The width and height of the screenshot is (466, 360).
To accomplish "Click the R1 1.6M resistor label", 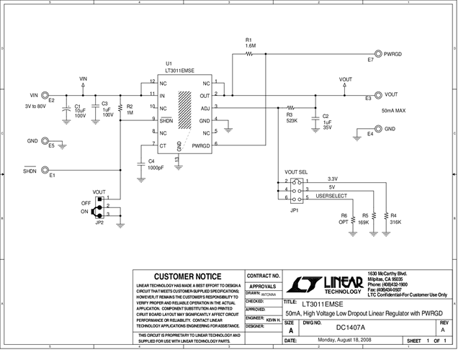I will coord(249,42).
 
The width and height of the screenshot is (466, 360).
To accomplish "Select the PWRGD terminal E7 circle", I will coord(377,54).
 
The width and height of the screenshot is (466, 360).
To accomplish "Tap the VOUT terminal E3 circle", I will coord(377,94).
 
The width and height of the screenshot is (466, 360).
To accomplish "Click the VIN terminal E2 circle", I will coord(45,95).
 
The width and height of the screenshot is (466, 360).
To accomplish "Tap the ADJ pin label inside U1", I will coord(205,107).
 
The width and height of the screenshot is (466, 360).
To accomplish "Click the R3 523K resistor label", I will coord(291,117).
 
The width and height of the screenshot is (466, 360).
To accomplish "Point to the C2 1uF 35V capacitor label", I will coord(326,120).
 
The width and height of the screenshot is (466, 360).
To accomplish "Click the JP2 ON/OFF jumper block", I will coord(100,207).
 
